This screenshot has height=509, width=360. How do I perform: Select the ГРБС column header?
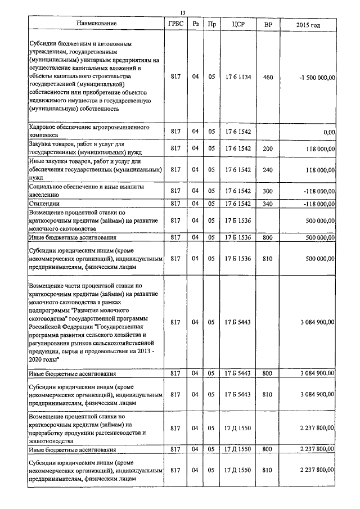pyautogui.click(x=174, y=24)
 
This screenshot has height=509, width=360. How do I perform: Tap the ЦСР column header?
pyautogui.click(x=237, y=24)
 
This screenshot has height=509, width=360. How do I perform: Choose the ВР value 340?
pyautogui.click(x=268, y=203)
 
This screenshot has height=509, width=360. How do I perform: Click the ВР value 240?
pyautogui.click(x=268, y=169)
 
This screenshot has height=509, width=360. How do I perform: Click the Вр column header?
pyautogui.click(x=268, y=24)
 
